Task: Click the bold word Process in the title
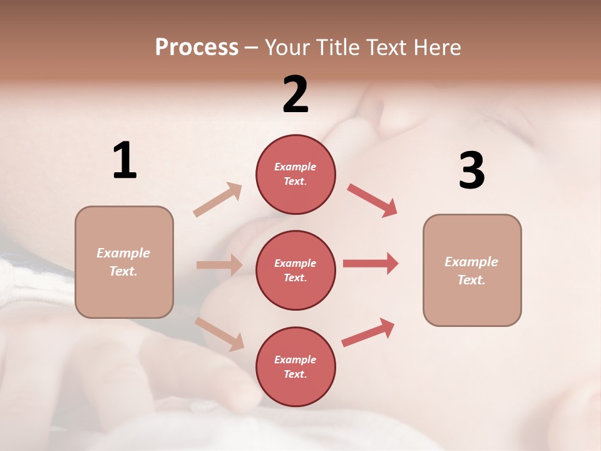click(x=197, y=48)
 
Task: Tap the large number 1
click(x=125, y=161)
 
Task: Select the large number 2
click(x=295, y=95)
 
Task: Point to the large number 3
click(x=471, y=170)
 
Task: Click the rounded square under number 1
click(x=124, y=262)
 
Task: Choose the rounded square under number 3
click(x=472, y=271)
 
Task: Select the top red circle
click(x=295, y=174)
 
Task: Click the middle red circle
click(x=295, y=271)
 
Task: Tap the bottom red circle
click(x=295, y=367)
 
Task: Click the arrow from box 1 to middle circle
click(x=219, y=265)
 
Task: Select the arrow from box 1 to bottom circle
click(x=220, y=334)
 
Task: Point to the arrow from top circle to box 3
click(x=372, y=200)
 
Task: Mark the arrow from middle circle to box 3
click(x=371, y=263)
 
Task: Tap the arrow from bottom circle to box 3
click(x=369, y=333)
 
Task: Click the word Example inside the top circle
click(x=295, y=167)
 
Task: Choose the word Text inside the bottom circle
click(x=294, y=375)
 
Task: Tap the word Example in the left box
click(x=123, y=253)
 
